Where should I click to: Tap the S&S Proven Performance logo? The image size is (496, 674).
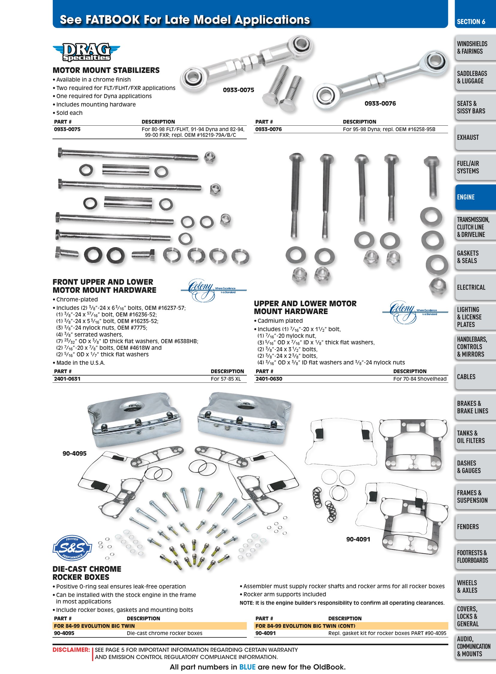coord(72,548)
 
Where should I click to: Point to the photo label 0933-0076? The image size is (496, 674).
coord(380,103)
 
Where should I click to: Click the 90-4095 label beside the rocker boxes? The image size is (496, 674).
coord(74,453)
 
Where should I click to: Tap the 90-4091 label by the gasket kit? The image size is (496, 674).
coord(358,539)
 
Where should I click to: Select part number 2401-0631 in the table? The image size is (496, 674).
coord(67,379)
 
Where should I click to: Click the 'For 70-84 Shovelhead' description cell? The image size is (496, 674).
coord(420,379)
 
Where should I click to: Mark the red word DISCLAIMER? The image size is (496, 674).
coord(71,650)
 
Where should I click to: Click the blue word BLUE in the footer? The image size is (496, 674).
coord(247,667)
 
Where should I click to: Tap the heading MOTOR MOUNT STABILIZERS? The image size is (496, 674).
coord(106,70)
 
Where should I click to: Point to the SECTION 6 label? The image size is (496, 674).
coord(471,22)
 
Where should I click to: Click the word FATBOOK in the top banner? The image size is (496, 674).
coord(112,19)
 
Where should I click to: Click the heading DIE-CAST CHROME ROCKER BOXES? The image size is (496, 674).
coord(87,573)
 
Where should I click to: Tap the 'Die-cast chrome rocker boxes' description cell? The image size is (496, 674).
coord(165,633)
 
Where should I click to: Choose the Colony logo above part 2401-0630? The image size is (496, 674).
coord(410,312)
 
